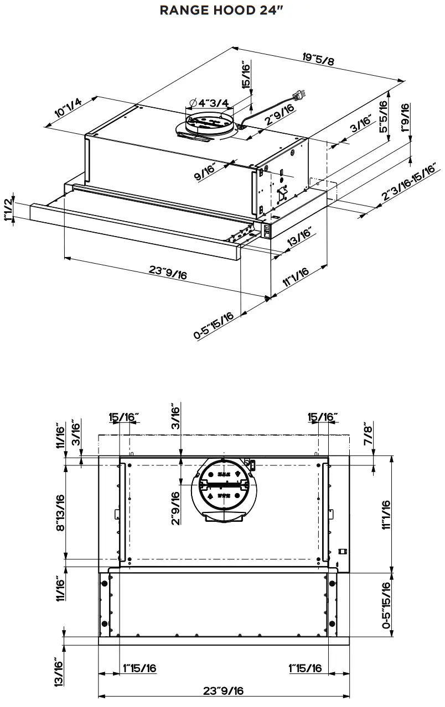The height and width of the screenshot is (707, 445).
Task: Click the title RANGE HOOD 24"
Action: point(222,10)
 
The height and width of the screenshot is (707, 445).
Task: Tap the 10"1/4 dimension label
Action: point(68,107)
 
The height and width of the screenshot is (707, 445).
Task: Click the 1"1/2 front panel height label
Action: point(8,211)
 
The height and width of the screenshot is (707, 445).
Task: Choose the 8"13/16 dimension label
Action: point(60,512)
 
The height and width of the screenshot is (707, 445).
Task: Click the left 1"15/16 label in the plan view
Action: point(139,668)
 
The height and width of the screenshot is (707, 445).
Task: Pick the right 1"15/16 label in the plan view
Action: point(306,668)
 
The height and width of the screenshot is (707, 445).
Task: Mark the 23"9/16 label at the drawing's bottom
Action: point(223,690)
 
